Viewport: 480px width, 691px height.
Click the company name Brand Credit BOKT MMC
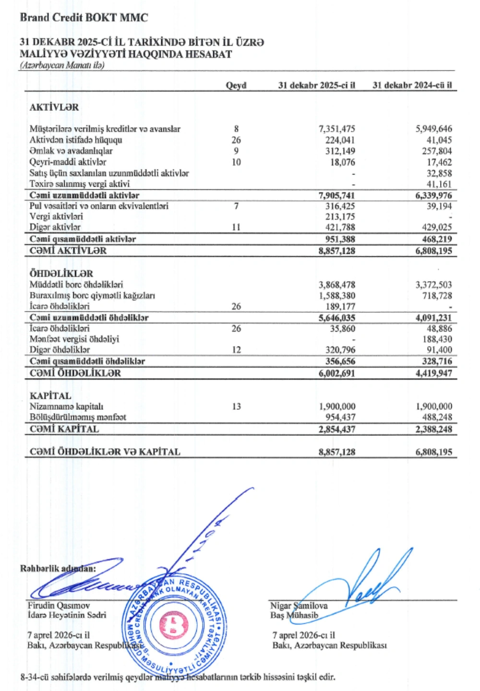pyautogui.click(x=84, y=18)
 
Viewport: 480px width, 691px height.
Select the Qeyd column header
pyautogui.click(x=236, y=85)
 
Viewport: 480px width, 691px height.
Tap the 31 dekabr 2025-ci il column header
pyautogui.click(x=317, y=85)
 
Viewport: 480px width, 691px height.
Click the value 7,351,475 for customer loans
pyautogui.click(x=337, y=129)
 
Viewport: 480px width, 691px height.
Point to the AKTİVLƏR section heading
pyautogui.click(x=54, y=107)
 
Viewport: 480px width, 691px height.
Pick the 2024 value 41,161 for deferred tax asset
pyautogui.click(x=439, y=184)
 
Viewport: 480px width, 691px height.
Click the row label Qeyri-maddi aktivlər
pyautogui.click(x=68, y=162)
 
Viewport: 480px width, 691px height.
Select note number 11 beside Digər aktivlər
pyautogui.click(x=236, y=227)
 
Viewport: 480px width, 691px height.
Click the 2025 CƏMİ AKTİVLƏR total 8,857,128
pyautogui.click(x=337, y=250)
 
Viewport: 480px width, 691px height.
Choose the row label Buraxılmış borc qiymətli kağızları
pyautogui.click(x=92, y=296)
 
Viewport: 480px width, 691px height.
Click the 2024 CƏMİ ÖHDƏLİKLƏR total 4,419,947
pyautogui.click(x=434, y=373)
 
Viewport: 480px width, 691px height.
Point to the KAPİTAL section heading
pyautogui.click(x=50, y=395)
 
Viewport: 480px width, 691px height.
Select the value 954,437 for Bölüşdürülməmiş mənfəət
pyautogui.click(x=339, y=417)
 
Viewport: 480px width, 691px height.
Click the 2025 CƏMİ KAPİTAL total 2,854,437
pyautogui.click(x=337, y=429)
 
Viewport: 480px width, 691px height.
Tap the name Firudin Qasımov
pyautogui.click(x=59, y=606)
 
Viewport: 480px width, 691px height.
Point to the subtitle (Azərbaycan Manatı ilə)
pyautogui.click(x=62, y=65)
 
